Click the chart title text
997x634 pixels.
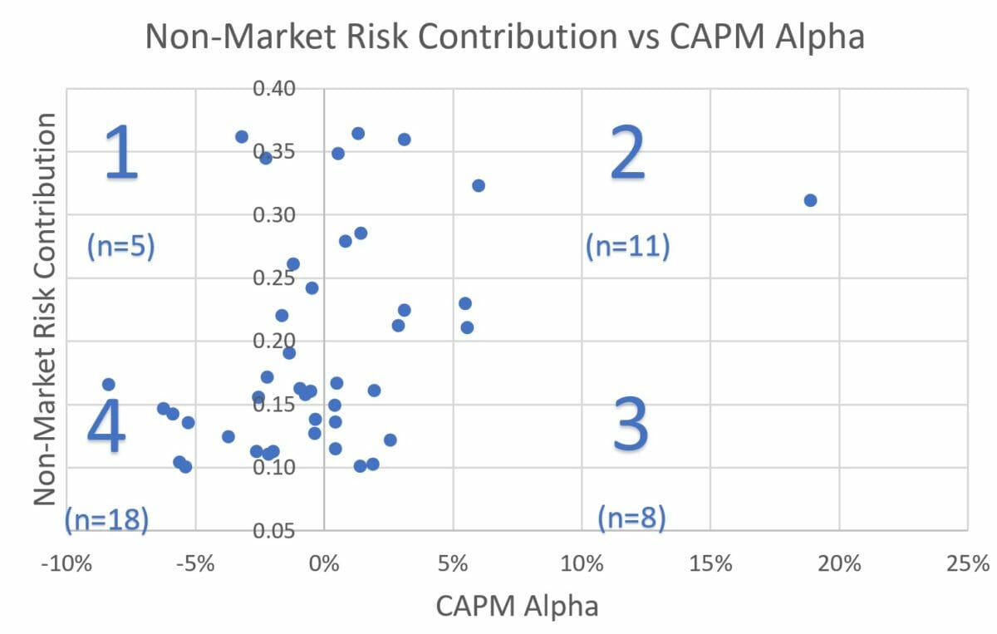(505, 37)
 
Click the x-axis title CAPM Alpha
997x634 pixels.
(516, 606)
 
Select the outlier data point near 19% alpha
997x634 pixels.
(810, 200)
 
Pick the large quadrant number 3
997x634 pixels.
(631, 425)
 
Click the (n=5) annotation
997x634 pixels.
(121, 247)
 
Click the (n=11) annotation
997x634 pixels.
(627, 247)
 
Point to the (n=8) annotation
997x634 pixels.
(631, 519)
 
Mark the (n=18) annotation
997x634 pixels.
(107, 519)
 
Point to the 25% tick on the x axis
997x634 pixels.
(967, 564)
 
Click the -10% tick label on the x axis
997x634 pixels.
(65, 564)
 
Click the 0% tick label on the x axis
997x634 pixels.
(324, 564)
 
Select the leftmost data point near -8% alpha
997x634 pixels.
(108, 385)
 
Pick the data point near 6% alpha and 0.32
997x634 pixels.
(479, 185)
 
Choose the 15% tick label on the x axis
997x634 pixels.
(710, 564)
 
